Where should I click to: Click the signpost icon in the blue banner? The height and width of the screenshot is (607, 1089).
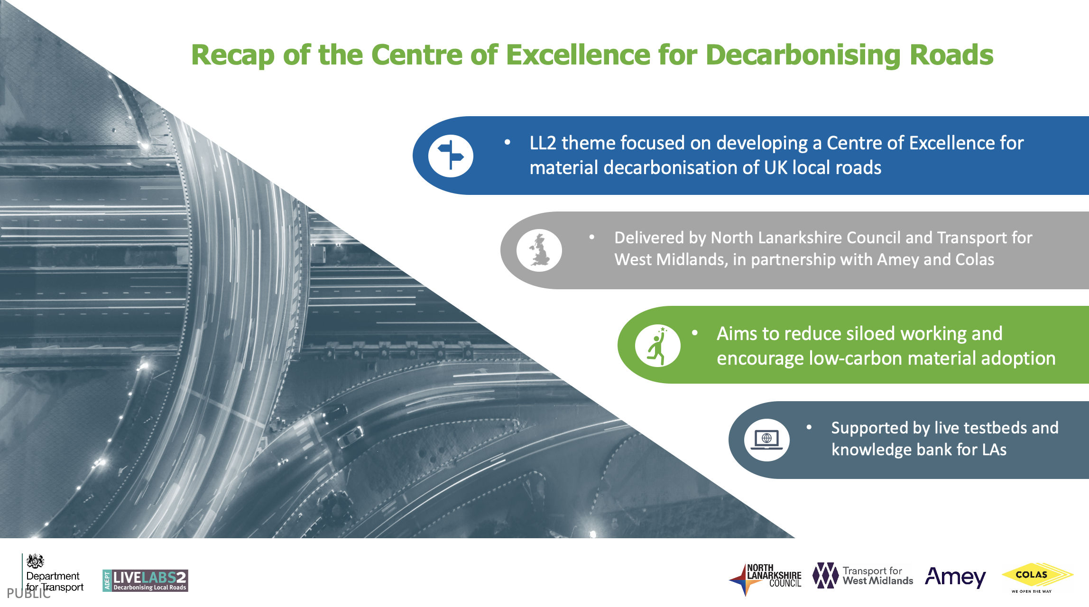coord(451,156)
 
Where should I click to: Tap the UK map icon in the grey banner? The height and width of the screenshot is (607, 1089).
coord(539,250)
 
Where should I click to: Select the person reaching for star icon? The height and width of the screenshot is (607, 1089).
coord(657,345)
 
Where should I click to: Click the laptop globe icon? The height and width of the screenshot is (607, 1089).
coord(766,440)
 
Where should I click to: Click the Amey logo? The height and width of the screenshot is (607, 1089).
coord(955,577)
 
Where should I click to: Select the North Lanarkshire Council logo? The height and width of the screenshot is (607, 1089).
coord(765,579)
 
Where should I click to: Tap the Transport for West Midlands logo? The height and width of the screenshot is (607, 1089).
coord(863,576)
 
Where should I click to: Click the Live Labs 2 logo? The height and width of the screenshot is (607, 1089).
coord(145,580)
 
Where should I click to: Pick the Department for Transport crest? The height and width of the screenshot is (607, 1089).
coord(35,561)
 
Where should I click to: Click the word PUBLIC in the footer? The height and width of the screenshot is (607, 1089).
coord(28,593)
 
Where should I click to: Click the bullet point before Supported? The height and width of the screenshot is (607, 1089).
coord(809,427)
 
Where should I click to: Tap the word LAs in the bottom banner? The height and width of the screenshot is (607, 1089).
coord(994,450)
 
